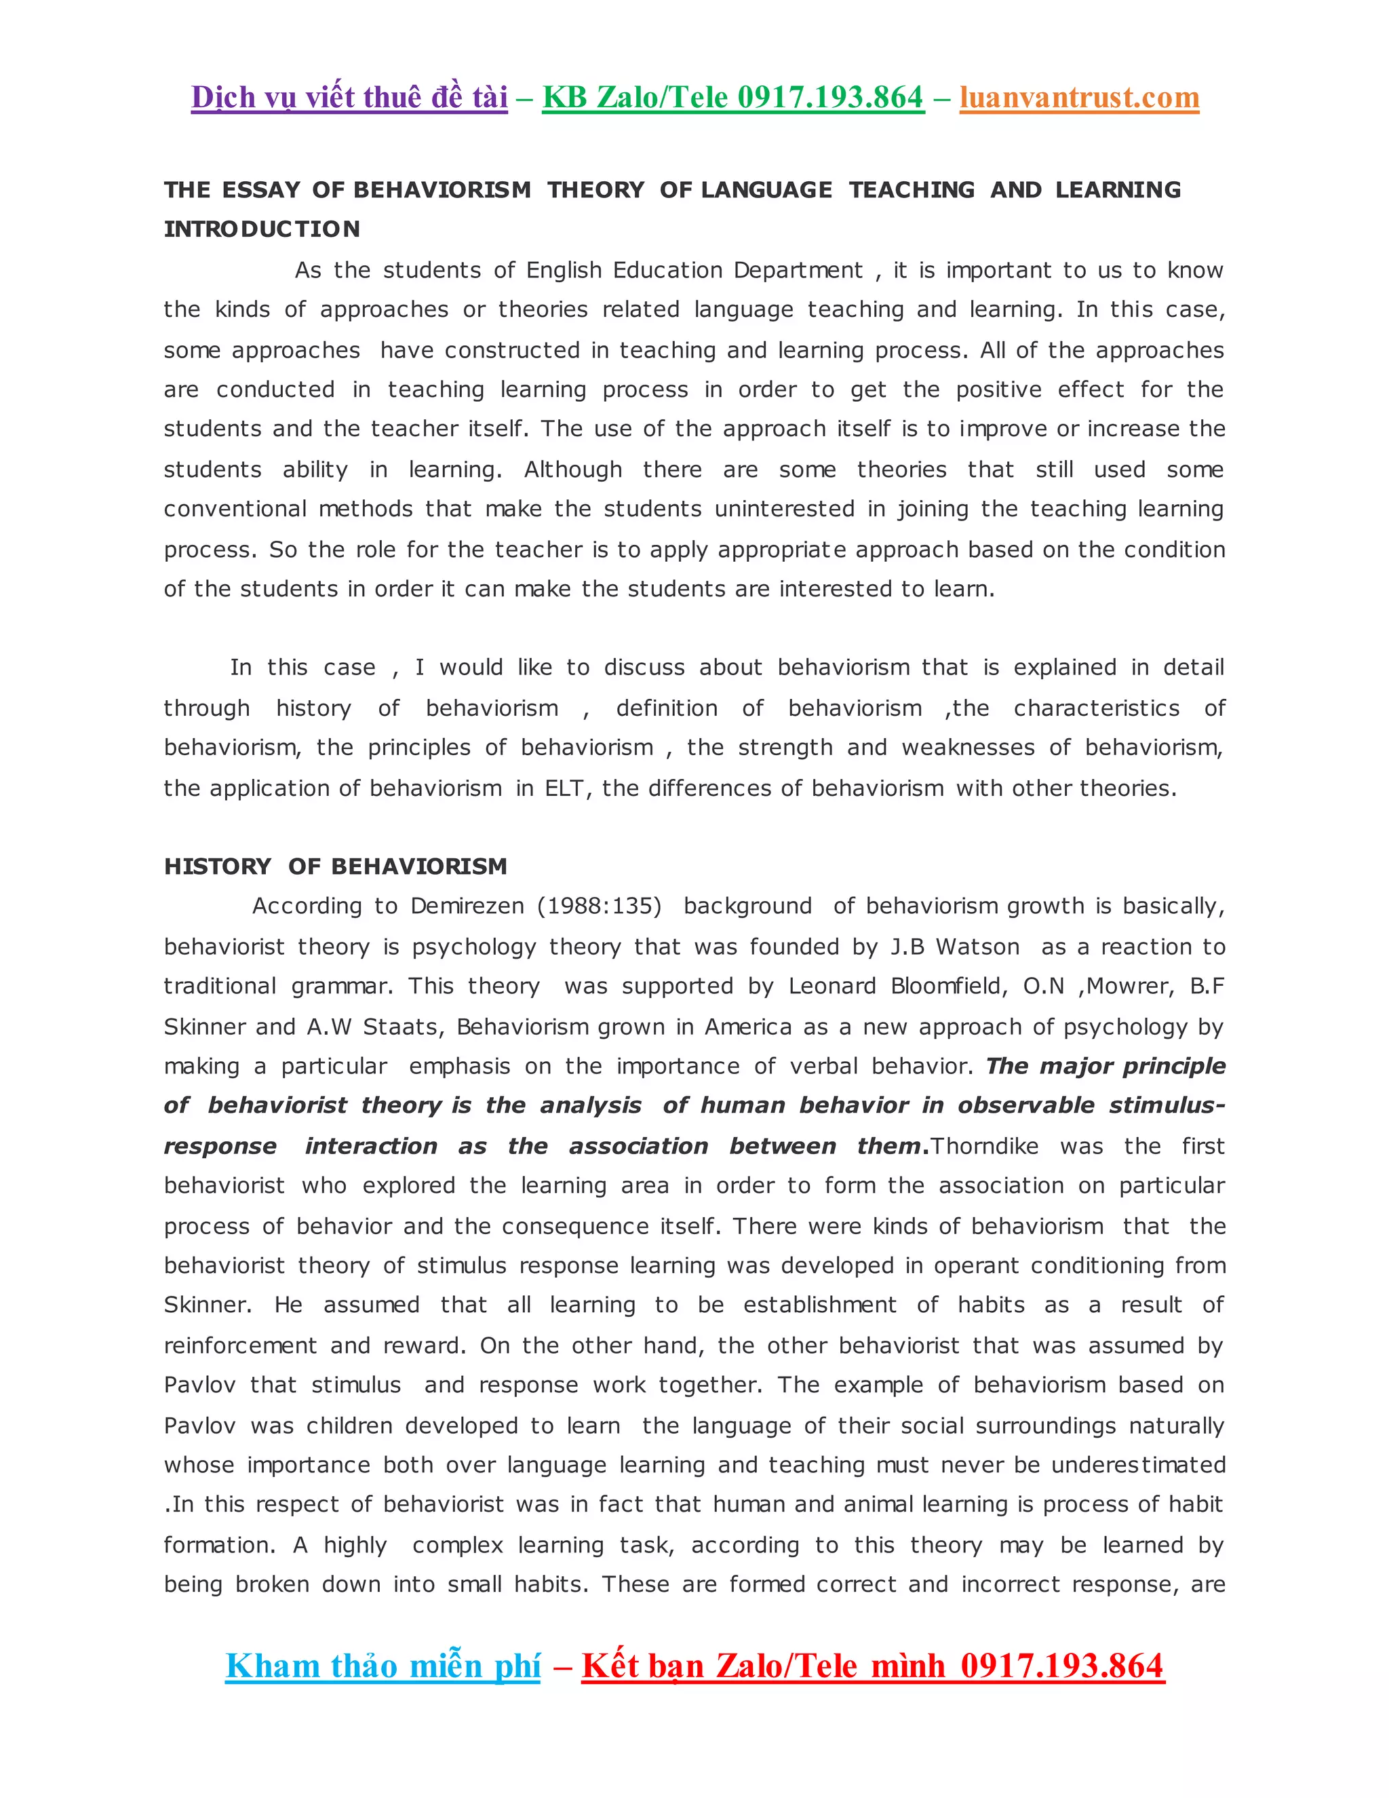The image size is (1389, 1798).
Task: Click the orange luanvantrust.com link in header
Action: pos(1079,97)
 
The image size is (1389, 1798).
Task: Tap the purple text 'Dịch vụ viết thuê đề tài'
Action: pos(349,97)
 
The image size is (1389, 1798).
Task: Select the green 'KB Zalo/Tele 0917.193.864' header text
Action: pos(732,97)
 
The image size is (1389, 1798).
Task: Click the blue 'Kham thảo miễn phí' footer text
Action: pos(383,1666)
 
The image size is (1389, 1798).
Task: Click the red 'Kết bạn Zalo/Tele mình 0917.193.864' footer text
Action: pos(872,1666)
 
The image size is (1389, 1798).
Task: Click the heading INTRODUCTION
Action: pos(262,229)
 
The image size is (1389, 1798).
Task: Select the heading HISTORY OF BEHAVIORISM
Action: pos(335,866)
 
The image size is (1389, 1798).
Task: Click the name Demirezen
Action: pos(467,906)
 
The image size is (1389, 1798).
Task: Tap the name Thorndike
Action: pos(984,1146)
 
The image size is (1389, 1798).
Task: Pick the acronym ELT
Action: pos(564,788)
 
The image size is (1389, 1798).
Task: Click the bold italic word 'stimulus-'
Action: pos(1167,1106)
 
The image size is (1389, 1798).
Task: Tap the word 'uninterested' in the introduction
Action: pos(784,509)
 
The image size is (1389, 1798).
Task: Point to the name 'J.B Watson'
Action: pos(954,946)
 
